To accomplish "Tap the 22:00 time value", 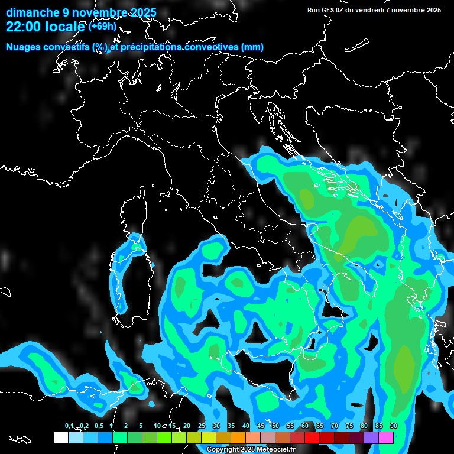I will point(23,27).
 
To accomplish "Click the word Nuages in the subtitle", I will point(23,47).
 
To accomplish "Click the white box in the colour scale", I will point(60,437).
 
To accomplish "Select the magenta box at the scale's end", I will point(386,437).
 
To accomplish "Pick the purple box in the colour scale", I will point(371,437).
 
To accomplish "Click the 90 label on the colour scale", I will point(394,426).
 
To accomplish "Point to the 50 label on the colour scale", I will point(275,426).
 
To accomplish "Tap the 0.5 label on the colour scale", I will point(98,426).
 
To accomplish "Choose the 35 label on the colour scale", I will point(231,426).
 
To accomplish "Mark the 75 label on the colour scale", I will point(349,426).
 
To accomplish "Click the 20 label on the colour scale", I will point(187,426).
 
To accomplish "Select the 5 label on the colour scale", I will point(141,426).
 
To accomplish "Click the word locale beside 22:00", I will point(66,27).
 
